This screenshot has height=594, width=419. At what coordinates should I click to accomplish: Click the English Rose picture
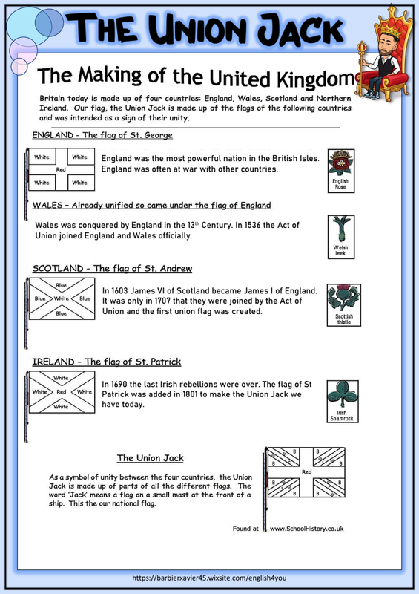click(340, 171)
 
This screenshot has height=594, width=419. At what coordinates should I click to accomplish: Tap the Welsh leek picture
click(340, 237)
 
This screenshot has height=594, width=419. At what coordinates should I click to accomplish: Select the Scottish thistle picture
click(343, 305)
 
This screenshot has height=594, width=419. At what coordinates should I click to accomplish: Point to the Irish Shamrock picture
click(342, 401)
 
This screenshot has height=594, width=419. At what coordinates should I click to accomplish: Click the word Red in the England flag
click(61, 170)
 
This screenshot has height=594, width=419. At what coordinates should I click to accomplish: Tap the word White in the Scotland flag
click(62, 298)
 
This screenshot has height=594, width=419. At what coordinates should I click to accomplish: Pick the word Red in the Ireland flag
click(62, 392)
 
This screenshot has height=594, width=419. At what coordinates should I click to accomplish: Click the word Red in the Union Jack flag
click(306, 471)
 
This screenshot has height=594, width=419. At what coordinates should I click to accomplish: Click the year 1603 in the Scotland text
click(119, 291)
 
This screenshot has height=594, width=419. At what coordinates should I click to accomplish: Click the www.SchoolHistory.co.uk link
click(306, 529)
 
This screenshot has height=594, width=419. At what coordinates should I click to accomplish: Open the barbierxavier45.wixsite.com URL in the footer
click(209, 578)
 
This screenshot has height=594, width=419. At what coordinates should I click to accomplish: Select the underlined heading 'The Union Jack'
click(151, 458)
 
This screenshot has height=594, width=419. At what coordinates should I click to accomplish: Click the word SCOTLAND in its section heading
click(58, 269)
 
